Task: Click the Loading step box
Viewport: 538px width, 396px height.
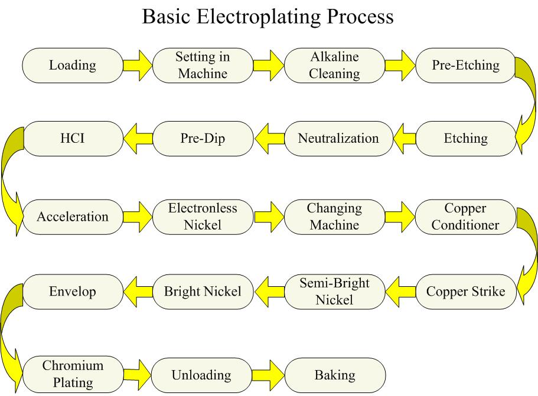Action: pyautogui.click(x=73, y=65)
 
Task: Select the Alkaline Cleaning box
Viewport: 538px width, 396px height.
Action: pyautogui.click(x=335, y=65)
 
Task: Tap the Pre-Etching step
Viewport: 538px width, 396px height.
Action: pyautogui.click(x=465, y=65)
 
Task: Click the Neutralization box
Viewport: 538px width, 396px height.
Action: pyautogui.click(x=338, y=139)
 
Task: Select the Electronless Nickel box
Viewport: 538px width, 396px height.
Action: pyautogui.click(x=203, y=216)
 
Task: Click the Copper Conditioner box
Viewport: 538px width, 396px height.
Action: pyautogui.click(x=465, y=216)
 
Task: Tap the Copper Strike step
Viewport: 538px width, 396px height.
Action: pyautogui.click(x=465, y=292)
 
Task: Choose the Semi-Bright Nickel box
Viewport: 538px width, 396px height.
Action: pyautogui.click(x=334, y=292)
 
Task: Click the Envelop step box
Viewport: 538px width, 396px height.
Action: pyautogui.click(x=73, y=292)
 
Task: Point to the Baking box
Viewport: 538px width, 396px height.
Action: pyautogui.click(x=335, y=375)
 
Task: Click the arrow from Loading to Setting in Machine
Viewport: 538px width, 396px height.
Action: pyautogui.click(x=137, y=65)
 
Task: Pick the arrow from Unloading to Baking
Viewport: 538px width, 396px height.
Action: pyautogui.click(x=269, y=375)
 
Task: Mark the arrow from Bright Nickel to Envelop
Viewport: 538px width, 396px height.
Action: pyautogui.click(x=137, y=292)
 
